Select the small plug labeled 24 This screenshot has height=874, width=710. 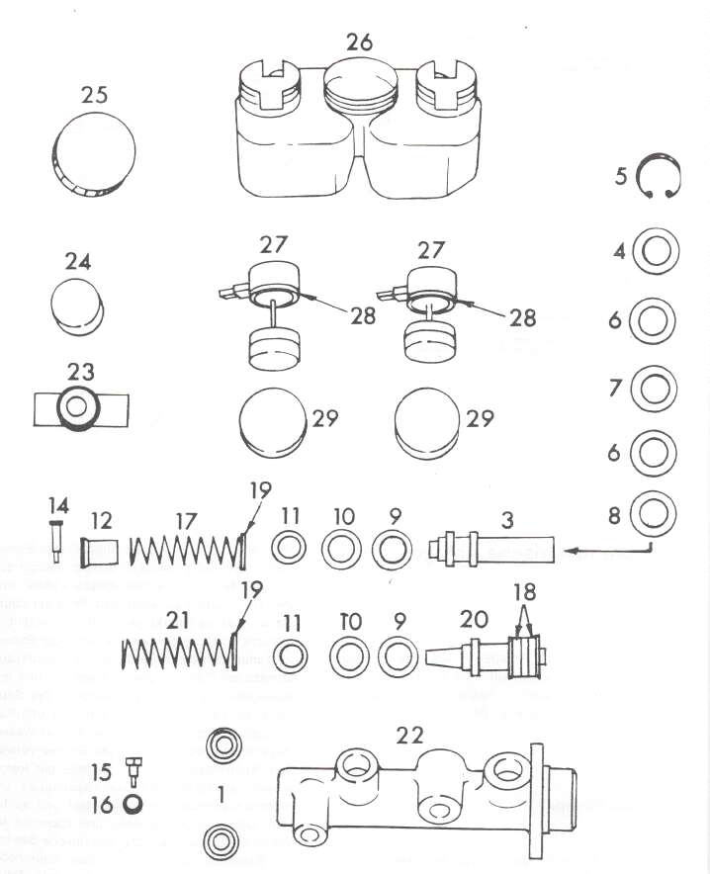point(77,306)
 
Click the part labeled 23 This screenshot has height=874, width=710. point(81,407)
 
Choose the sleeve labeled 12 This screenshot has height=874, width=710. point(100,552)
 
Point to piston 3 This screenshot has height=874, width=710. point(492,550)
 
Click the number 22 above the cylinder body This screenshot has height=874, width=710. point(409,736)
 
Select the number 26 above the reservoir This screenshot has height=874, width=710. point(360,43)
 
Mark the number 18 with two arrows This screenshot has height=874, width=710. point(524,592)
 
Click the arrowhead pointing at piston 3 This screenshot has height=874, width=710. point(571,551)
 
